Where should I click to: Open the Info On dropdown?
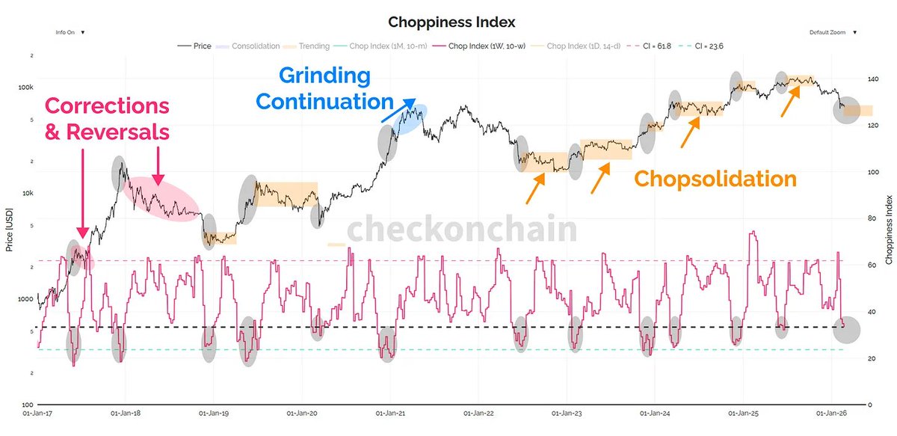click(x=70, y=33)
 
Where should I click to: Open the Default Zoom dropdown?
click(x=832, y=33)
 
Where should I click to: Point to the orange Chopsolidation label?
click(x=715, y=179)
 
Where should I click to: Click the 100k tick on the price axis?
click(x=26, y=87)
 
